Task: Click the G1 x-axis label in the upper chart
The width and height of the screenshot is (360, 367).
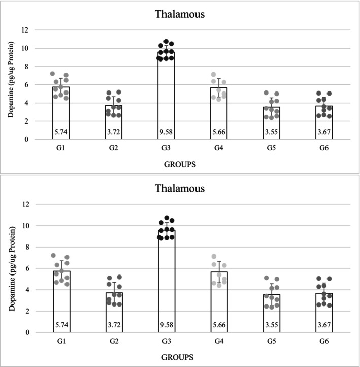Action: pyautogui.click(x=61, y=150)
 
